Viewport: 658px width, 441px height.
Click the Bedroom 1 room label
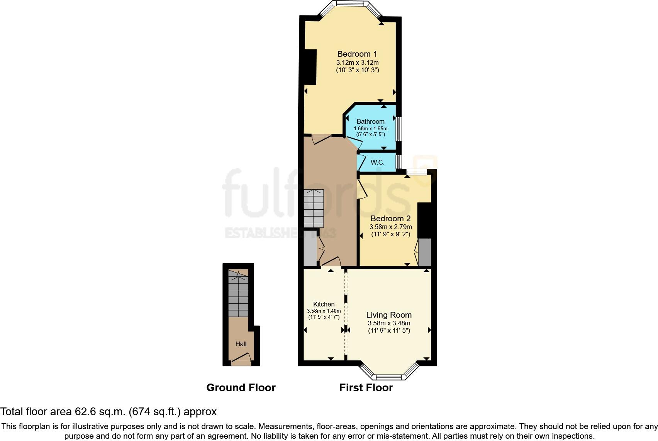[x=357, y=54]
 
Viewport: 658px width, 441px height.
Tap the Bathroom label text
[x=370, y=121]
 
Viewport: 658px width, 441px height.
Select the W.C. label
[x=377, y=162]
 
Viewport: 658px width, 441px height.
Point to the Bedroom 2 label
[x=390, y=219]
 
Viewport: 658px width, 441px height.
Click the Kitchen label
[x=324, y=304]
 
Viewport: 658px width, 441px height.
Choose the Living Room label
[x=389, y=315]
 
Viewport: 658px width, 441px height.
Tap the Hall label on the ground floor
[x=241, y=344]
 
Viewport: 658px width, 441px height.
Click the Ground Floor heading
[x=241, y=387]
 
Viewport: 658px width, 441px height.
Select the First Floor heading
[x=366, y=387]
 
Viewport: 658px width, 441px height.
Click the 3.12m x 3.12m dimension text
[x=357, y=62]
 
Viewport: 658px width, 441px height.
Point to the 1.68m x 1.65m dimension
[x=370, y=128]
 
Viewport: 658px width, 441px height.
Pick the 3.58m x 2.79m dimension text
[x=390, y=227]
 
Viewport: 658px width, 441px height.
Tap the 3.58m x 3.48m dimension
[x=389, y=323]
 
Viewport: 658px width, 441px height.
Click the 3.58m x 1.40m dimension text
[x=324, y=311]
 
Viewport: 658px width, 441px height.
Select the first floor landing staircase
[x=313, y=208]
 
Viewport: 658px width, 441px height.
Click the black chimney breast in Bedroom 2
[x=424, y=220]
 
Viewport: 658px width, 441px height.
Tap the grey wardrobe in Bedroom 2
[x=425, y=252]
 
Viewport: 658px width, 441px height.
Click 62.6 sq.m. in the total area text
[x=100, y=412]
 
